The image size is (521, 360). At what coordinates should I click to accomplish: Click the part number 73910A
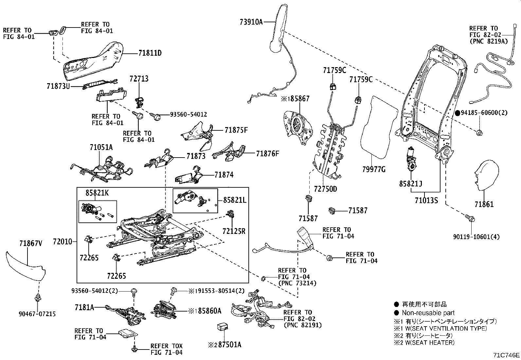(251, 22)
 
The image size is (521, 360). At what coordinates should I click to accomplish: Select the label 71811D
(150, 53)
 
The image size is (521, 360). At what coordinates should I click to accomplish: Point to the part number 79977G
(374, 169)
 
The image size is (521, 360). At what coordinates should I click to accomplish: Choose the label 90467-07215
(37, 314)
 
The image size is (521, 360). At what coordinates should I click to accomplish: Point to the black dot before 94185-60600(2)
(458, 113)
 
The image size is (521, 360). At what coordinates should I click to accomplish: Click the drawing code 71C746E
(507, 355)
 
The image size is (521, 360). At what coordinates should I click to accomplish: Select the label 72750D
(325, 189)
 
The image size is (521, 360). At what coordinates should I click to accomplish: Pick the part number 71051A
(101, 147)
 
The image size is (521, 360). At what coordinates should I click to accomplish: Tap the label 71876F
(267, 153)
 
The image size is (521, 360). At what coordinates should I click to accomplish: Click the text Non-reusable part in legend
(428, 313)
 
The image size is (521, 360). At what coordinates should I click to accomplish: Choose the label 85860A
(210, 310)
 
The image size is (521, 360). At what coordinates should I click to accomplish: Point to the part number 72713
(139, 79)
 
